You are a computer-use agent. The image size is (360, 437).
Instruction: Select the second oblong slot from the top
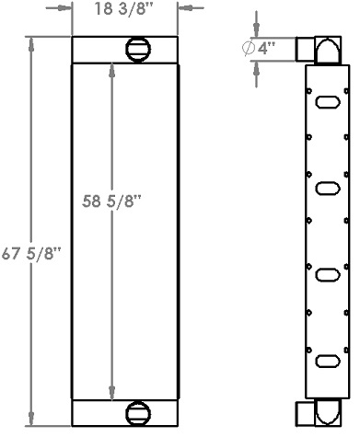point(326,188)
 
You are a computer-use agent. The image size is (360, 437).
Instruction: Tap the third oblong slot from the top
point(326,273)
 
